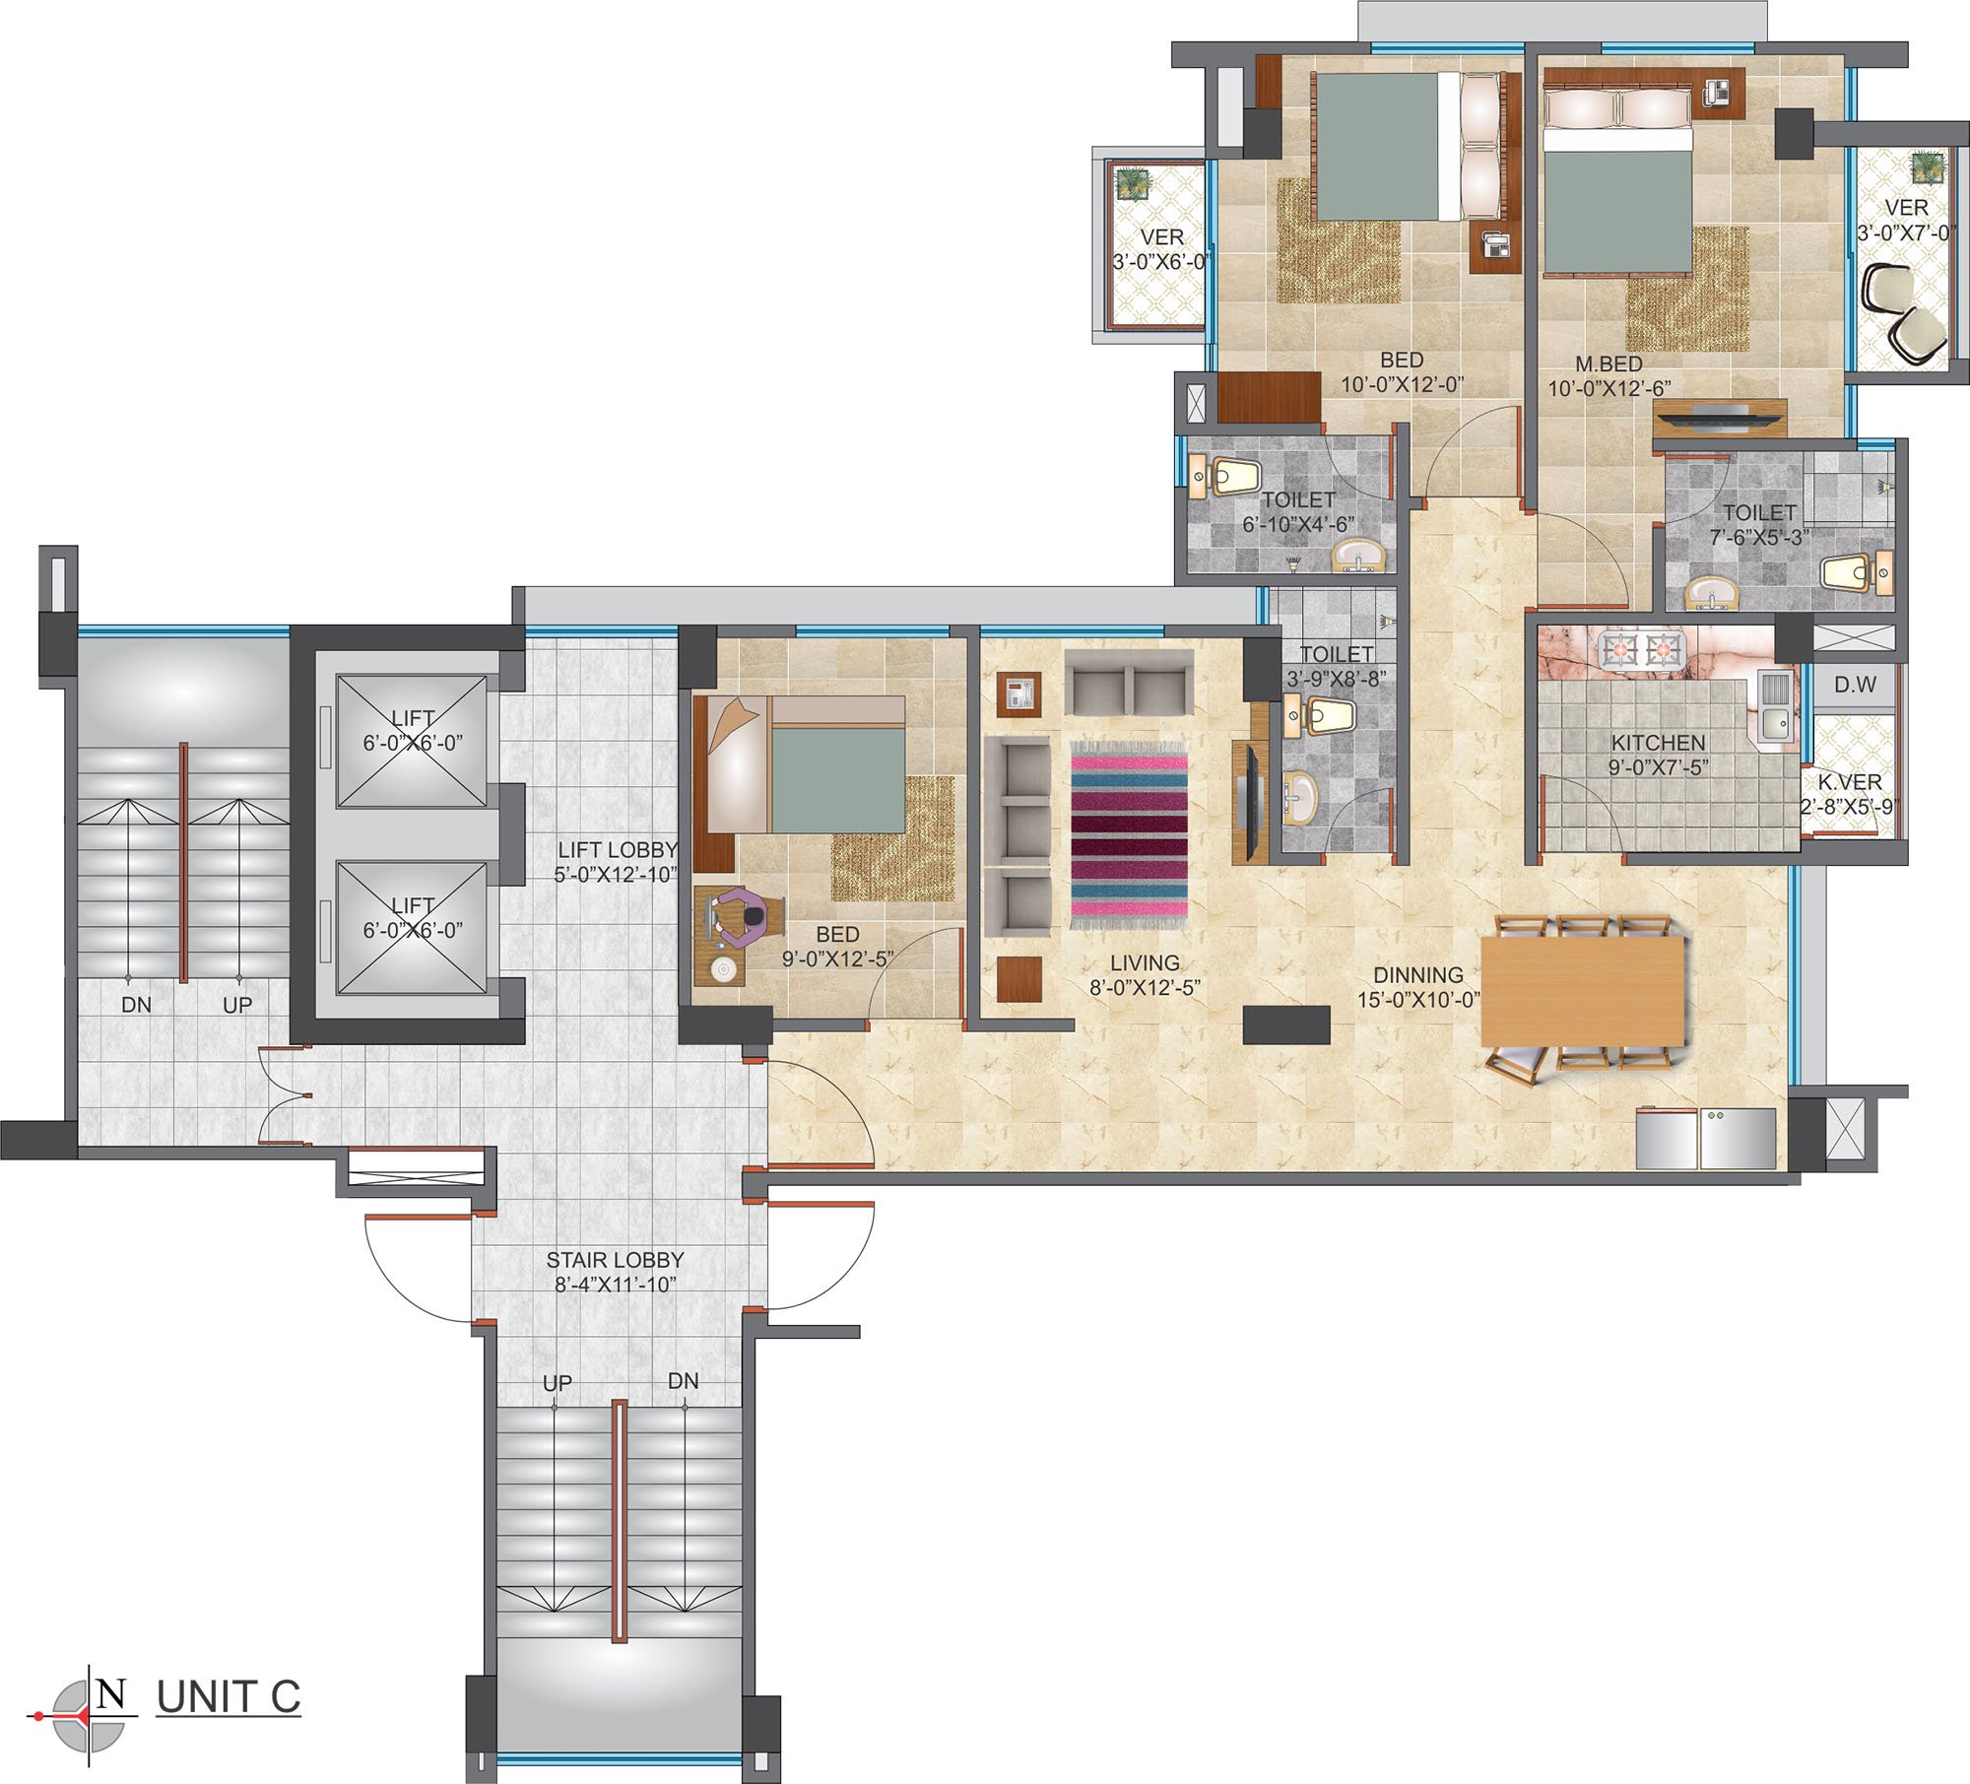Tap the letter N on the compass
coord(112,1692)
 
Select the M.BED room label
coord(1609,363)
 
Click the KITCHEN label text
coord(1659,743)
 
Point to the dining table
coord(1584,990)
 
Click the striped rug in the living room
coord(1129,834)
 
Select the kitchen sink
coord(1776,705)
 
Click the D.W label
coord(1856,684)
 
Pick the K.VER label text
coord(1850,782)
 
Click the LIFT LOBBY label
coord(618,849)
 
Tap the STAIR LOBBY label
coord(615,1260)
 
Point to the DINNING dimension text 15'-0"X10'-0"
coord(1418,1000)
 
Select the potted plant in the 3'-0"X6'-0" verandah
coord(1132,184)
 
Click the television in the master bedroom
coord(1719,417)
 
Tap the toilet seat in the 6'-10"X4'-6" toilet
coord(1228,476)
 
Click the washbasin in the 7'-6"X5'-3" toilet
coord(1712,593)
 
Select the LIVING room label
coord(1145,963)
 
